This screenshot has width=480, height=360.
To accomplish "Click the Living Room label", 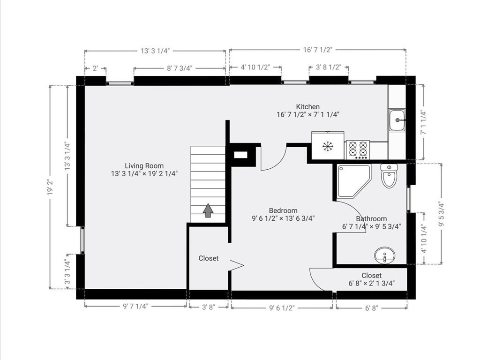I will coord(144,165).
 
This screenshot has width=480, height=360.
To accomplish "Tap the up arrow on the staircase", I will coord(208,210).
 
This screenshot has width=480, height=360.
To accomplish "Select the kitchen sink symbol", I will coord(397,120).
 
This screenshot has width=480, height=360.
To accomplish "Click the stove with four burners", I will coord(358,150).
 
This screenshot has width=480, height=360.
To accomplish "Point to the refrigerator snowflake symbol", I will coord(327,146).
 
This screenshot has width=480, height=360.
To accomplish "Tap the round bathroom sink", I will coord(384,256).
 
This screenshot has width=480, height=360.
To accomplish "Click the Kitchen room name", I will coord(307,106).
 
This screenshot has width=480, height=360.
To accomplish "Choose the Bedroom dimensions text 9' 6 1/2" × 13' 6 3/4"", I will coord(283,218).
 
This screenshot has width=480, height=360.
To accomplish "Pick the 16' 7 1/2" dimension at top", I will coord(317,50).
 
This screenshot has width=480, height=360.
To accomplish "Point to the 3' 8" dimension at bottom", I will coord(208,307).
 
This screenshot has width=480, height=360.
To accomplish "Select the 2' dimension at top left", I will coord(95,68).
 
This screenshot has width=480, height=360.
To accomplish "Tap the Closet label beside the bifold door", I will coord(208,258).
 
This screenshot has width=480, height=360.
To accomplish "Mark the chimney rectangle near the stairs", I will coord(240,154).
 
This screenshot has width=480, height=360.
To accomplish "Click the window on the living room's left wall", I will coord(82,240).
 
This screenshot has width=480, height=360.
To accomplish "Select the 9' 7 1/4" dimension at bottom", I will coord(135,307).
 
